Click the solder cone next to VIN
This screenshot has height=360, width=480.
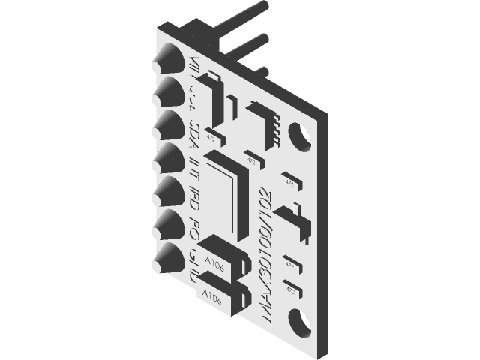point(166,58)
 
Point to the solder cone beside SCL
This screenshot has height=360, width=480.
point(166,91)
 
